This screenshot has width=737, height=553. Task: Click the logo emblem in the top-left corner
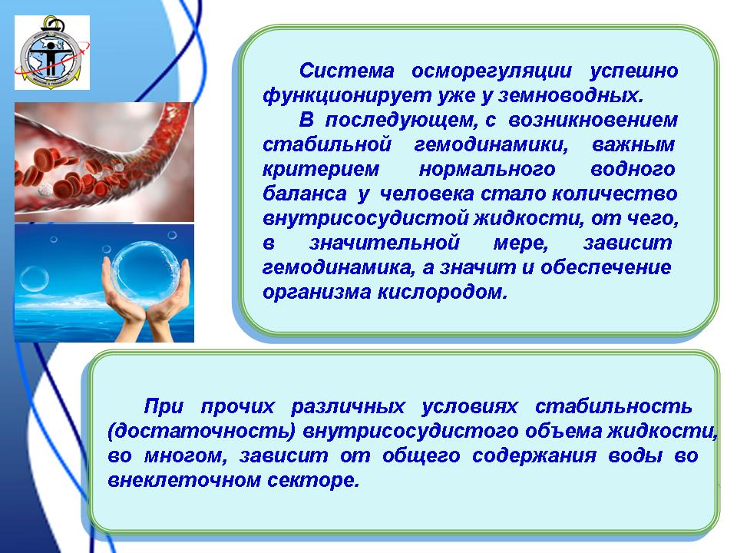tap(51, 52)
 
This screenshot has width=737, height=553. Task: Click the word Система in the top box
tap(346, 71)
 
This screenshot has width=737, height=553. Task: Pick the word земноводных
tap(570, 95)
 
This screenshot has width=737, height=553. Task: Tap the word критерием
tap(321, 169)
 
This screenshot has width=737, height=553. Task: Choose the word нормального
tap(487, 169)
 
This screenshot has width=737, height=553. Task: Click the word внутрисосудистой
tap(365, 219)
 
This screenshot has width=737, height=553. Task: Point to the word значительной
tap(384, 243)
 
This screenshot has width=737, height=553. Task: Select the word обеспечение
tap(606, 267)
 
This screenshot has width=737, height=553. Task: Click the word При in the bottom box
tap(163, 406)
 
